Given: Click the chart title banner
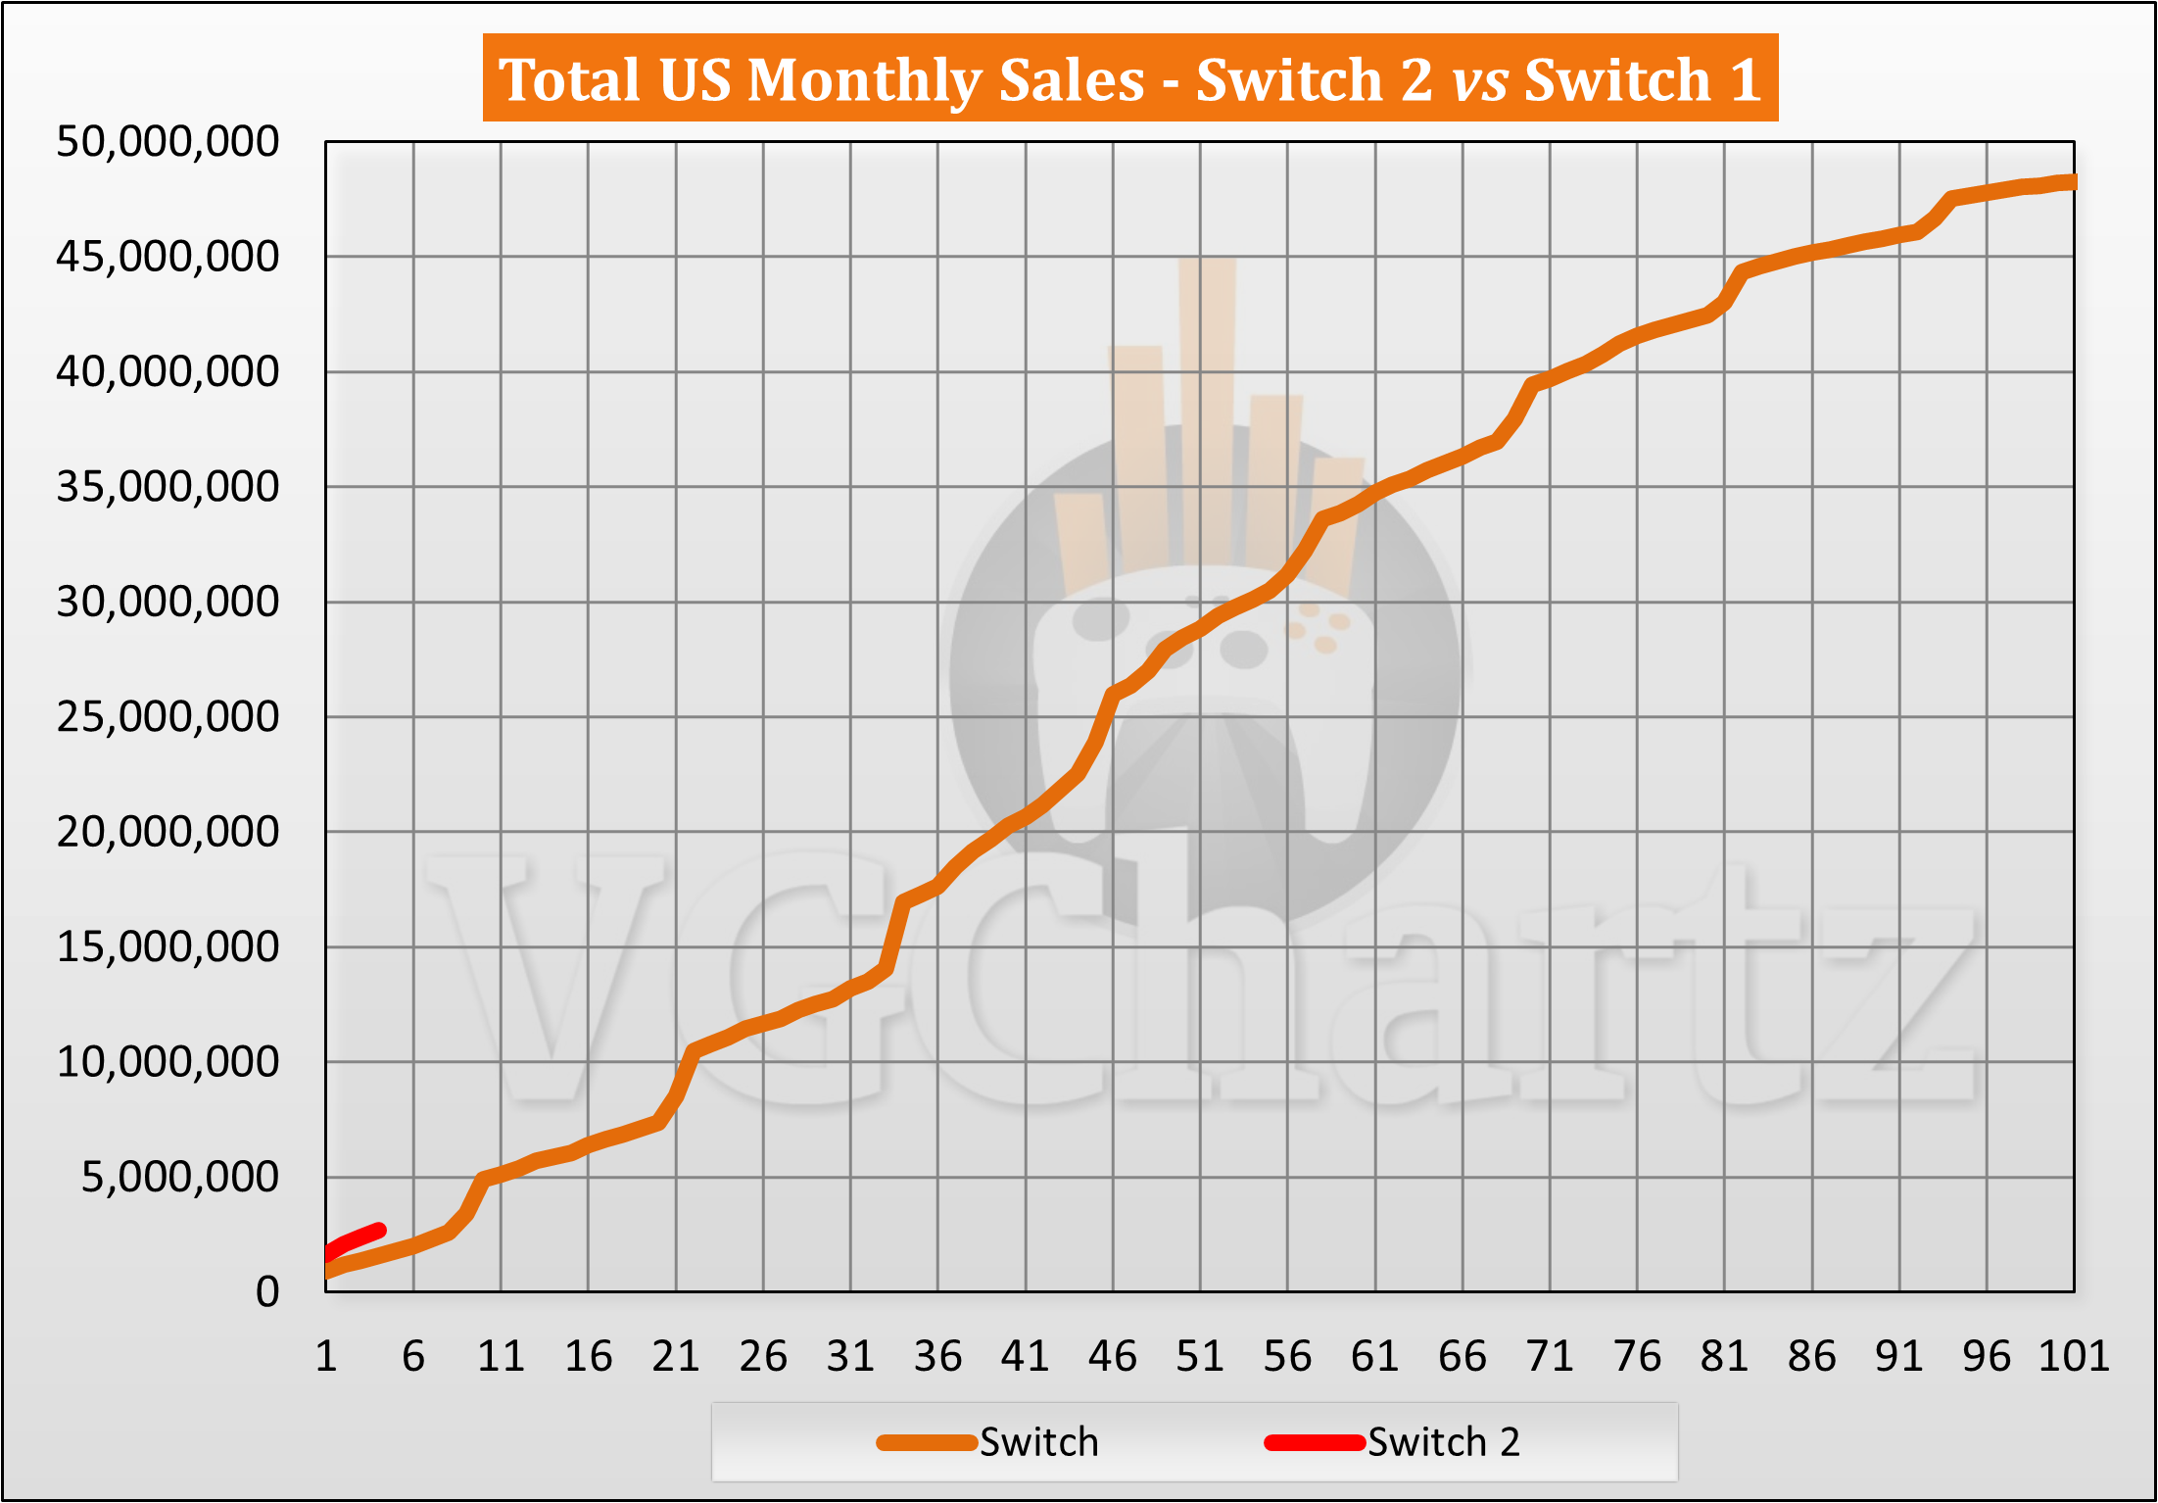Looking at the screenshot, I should click(1129, 78).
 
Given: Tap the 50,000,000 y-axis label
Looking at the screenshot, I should click(168, 142).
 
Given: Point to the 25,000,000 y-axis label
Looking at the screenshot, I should click(168, 717).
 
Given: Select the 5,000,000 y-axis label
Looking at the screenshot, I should click(180, 1177).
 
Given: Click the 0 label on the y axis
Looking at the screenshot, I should click(267, 1292).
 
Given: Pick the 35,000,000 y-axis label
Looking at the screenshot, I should click(168, 487).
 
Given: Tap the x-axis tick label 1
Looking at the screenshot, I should click(326, 1357).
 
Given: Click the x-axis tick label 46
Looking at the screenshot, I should click(1113, 1357).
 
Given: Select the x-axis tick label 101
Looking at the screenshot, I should click(2073, 1357).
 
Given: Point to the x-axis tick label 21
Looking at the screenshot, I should click(676, 1357).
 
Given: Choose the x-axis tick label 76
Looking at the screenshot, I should click(1637, 1357).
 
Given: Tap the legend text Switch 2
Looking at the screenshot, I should click(1443, 1443).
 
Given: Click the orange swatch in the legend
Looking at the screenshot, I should click(926, 1443).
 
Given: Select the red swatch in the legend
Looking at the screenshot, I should click(1314, 1443).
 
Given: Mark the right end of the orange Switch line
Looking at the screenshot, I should click(2070, 182).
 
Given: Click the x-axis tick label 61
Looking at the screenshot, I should click(1374, 1357).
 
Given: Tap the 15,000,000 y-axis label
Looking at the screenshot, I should click(168, 947).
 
